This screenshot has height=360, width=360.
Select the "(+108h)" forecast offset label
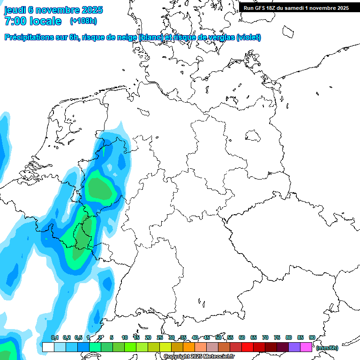point(83,21)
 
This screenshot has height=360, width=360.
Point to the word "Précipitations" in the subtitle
point(29,37)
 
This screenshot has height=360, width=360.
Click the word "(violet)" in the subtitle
point(249,37)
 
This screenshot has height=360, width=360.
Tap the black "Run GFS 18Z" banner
point(296,8)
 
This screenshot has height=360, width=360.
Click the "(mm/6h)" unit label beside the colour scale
point(327,348)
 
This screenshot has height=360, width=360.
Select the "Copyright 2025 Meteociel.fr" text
point(199,357)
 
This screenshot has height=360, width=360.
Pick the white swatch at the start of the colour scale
point(48,347)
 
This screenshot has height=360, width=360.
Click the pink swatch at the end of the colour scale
point(306,347)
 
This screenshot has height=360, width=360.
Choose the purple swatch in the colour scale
point(294,347)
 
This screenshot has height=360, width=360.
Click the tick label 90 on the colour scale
point(312,338)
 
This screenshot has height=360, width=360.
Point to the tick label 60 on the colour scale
point(242,338)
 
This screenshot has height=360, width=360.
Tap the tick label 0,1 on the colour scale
point(55,338)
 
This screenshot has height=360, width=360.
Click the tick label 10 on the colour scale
point(125,338)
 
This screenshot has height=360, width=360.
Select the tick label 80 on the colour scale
point(288,338)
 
